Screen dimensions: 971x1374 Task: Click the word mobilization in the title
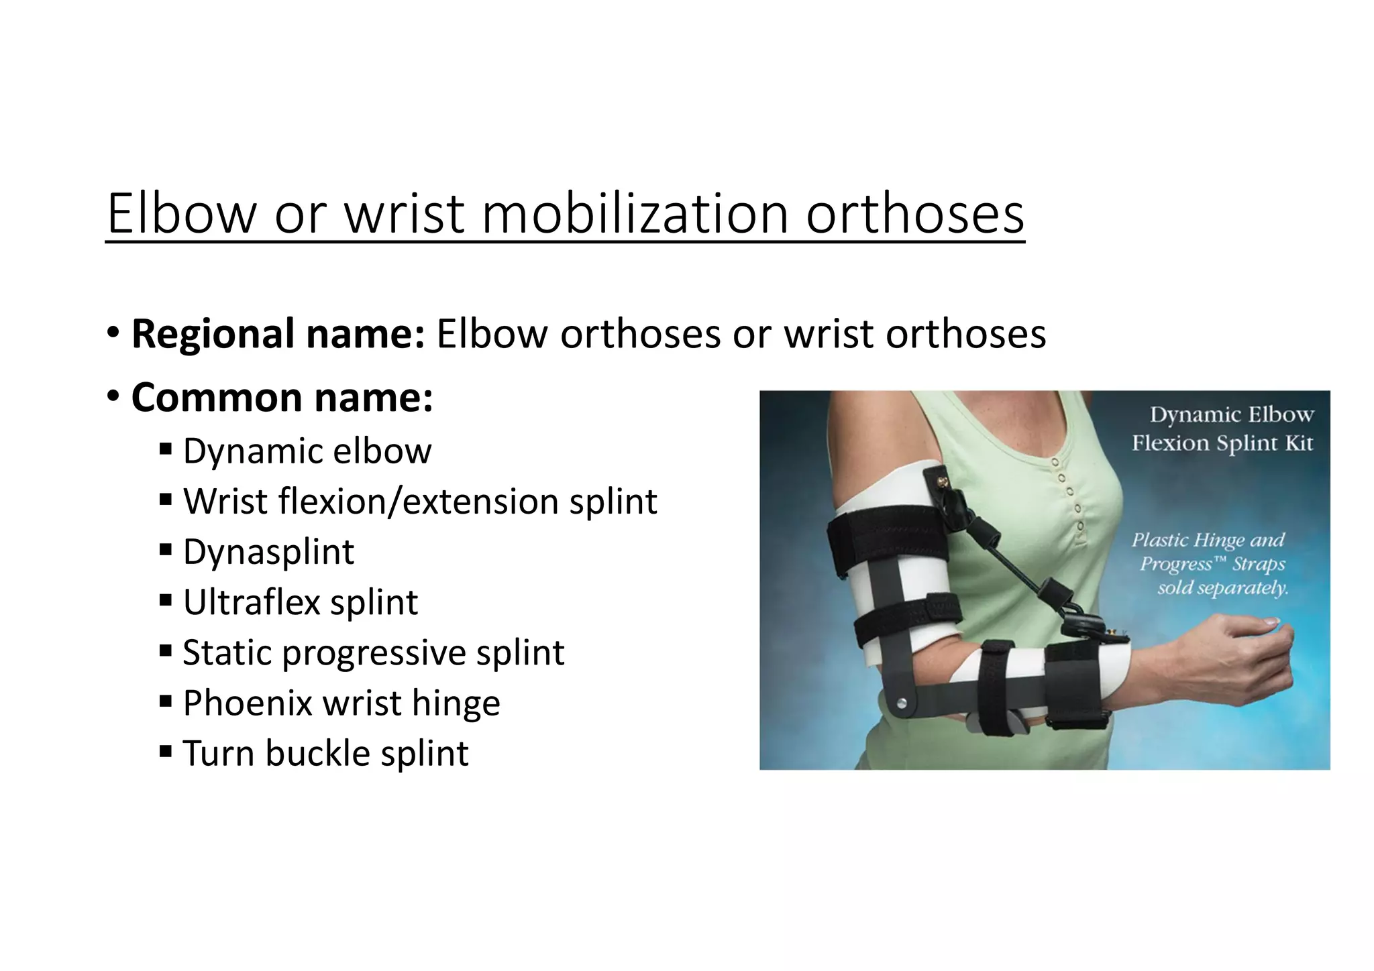[x=634, y=213]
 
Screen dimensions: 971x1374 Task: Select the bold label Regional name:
[x=278, y=333]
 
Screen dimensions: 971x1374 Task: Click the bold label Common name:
[x=282, y=398]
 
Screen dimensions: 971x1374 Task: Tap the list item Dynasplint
[x=268, y=552]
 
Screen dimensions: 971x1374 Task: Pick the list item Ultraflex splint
[x=301, y=602]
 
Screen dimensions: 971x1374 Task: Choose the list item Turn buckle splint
[x=325, y=753]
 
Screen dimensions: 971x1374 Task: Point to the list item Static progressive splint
[x=374, y=652]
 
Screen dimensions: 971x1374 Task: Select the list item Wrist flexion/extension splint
[x=420, y=502]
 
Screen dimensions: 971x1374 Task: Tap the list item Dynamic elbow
[x=307, y=451]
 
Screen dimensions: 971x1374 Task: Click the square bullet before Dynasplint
[x=166, y=550]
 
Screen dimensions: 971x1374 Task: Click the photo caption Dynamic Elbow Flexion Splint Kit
[x=1223, y=429]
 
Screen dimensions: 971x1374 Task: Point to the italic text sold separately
[x=1222, y=588]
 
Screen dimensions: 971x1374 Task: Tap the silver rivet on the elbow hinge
[x=902, y=703]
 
